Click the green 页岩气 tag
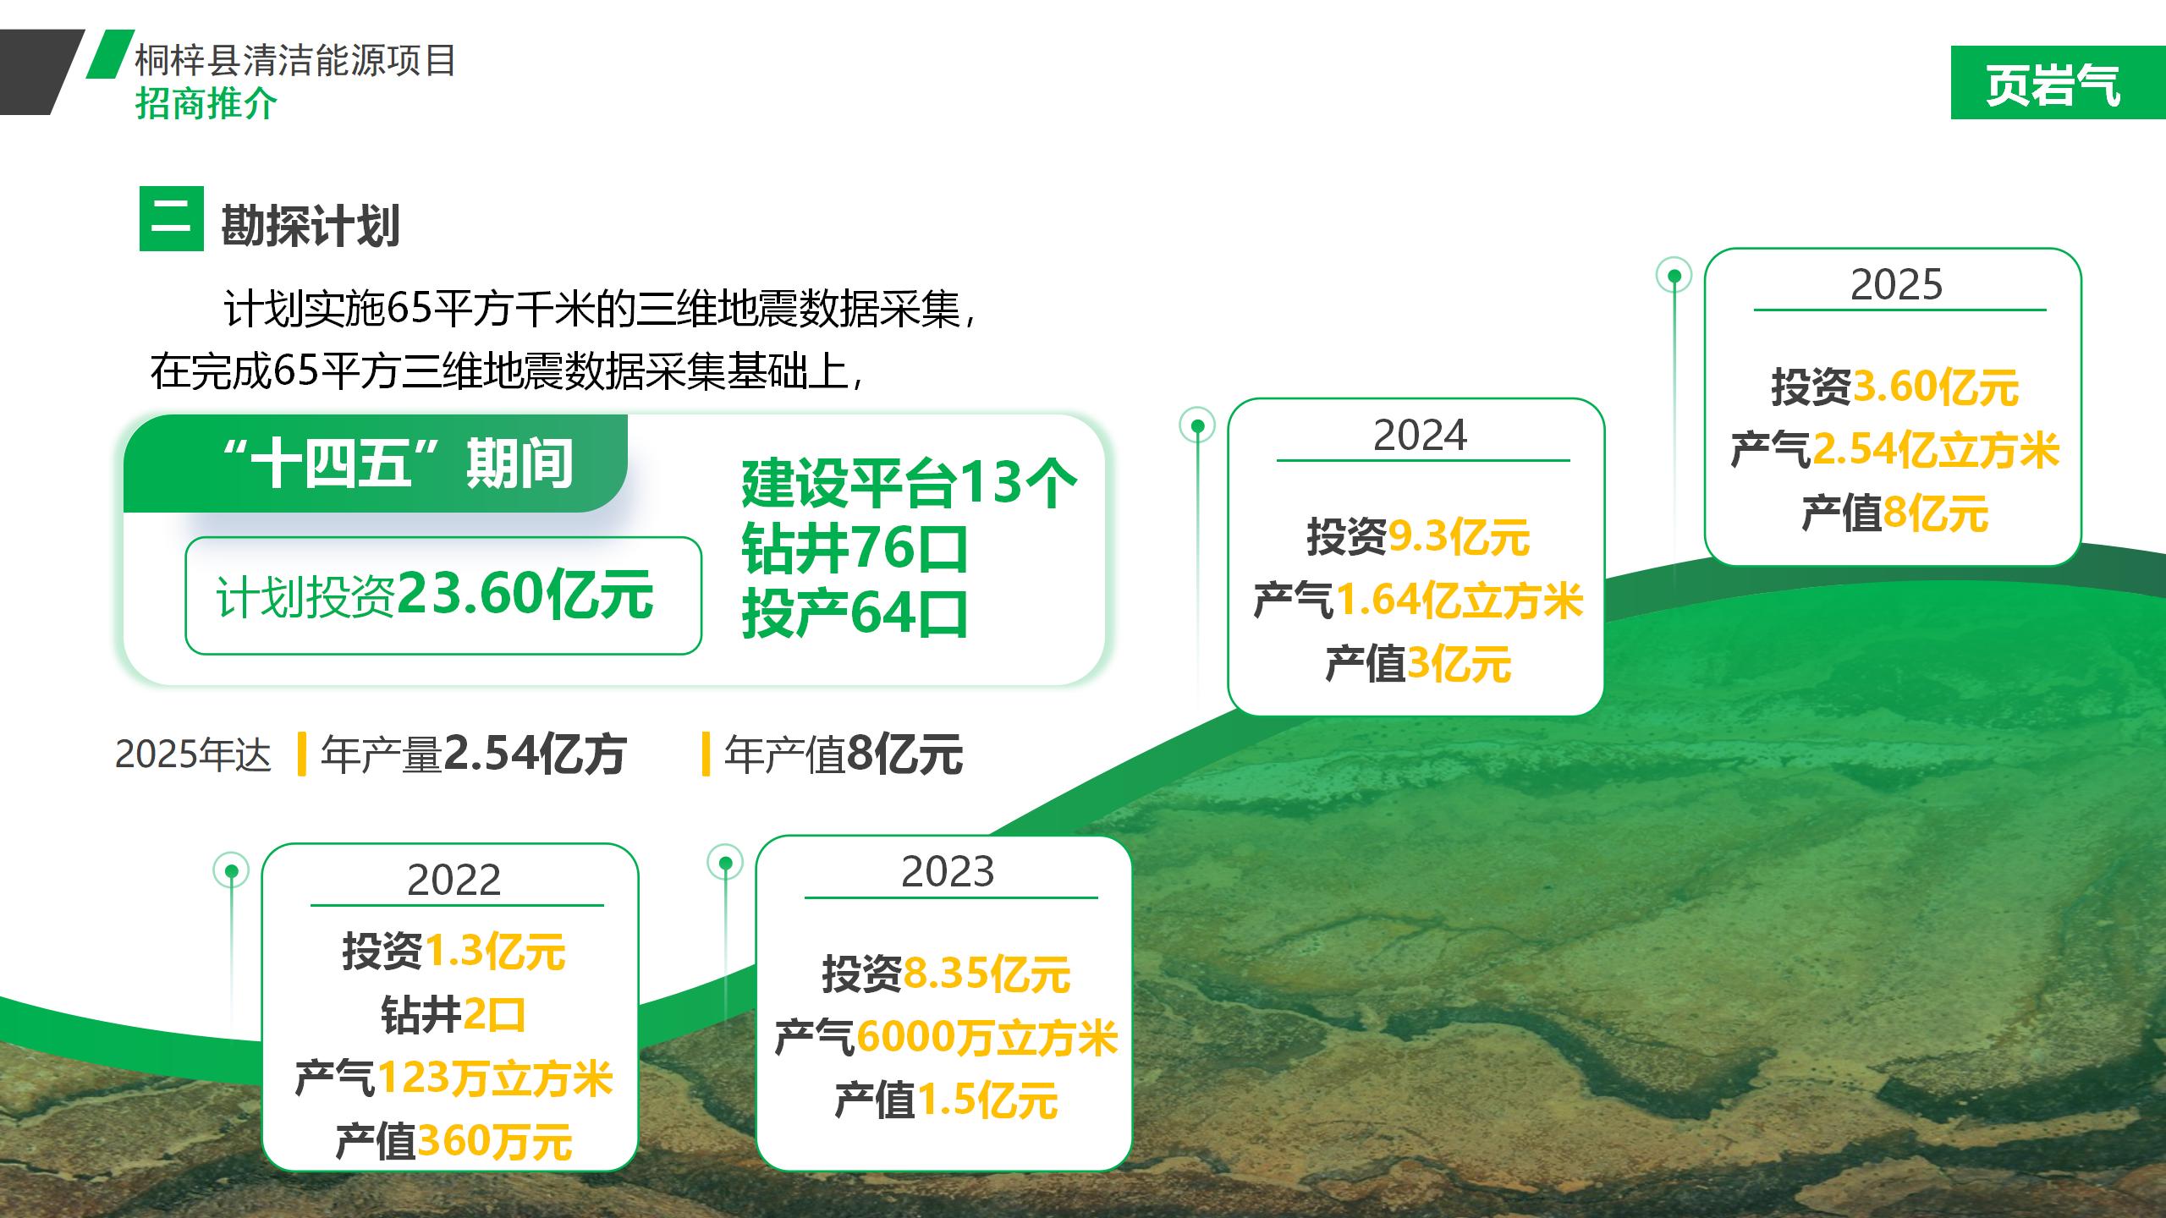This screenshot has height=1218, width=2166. click(x=2058, y=83)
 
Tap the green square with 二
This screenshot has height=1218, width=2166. click(x=172, y=219)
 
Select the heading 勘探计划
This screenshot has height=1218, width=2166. click(x=311, y=226)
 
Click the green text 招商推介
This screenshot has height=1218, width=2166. click(x=206, y=104)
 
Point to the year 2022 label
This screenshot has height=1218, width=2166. click(x=454, y=880)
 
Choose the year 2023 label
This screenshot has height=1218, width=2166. click(x=948, y=871)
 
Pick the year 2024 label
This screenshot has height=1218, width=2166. click(x=1420, y=435)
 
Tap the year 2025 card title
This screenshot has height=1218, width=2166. click(x=1896, y=284)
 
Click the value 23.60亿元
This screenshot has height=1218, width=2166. click(x=525, y=594)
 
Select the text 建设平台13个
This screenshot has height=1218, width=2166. click(x=909, y=484)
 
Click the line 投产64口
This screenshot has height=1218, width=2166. click(x=855, y=613)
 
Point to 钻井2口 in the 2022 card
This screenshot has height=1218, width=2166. click(x=454, y=1015)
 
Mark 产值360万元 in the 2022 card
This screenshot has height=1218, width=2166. click(x=454, y=1141)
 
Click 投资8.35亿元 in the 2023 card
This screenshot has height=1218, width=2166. click(x=946, y=974)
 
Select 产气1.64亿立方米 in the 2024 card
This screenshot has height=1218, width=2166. click(x=1417, y=601)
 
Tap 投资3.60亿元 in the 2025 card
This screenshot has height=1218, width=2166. click(x=1895, y=387)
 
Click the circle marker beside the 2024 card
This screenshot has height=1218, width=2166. click(x=1197, y=425)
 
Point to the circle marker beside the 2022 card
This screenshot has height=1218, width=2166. click(x=232, y=870)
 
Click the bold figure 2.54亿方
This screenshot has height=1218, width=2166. click(x=535, y=754)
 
